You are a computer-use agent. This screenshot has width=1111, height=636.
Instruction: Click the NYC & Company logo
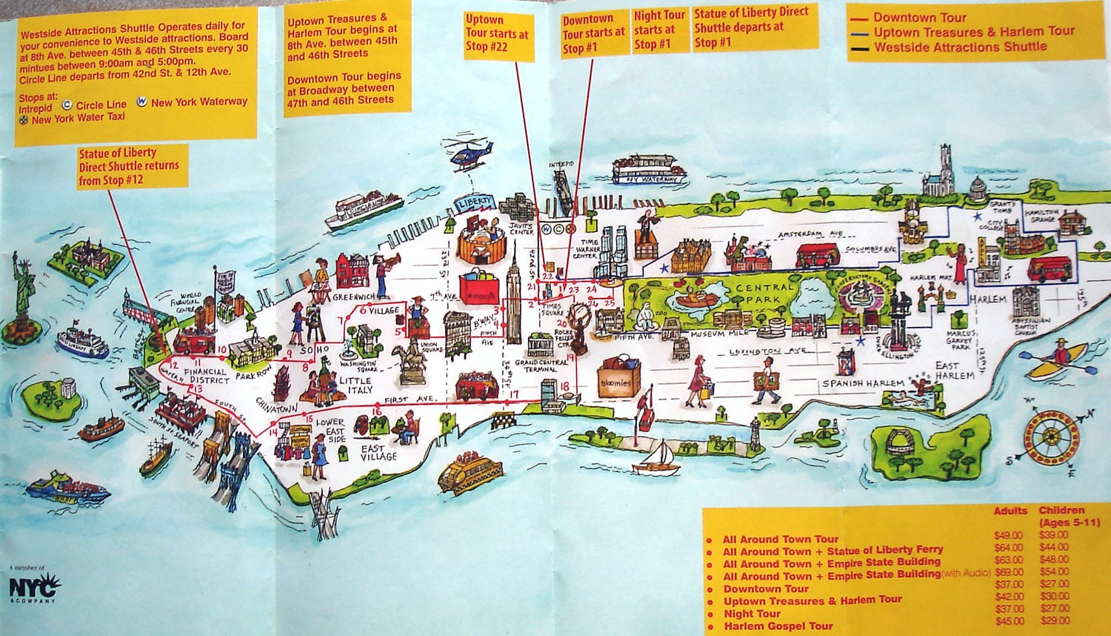click(33, 586)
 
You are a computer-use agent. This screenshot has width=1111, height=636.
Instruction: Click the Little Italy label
click(356, 385)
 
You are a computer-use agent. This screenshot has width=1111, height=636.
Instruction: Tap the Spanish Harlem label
click(862, 383)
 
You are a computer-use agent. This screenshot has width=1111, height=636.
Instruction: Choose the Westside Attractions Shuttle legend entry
click(959, 47)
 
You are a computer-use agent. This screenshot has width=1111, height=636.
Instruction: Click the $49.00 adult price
click(1008, 535)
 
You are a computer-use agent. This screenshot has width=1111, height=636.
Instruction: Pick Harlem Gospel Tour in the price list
click(778, 626)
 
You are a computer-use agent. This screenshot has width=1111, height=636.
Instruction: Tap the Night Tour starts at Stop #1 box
click(658, 30)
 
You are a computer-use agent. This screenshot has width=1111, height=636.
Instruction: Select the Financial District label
click(207, 376)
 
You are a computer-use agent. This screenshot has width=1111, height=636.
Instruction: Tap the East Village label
click(378, 452)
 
